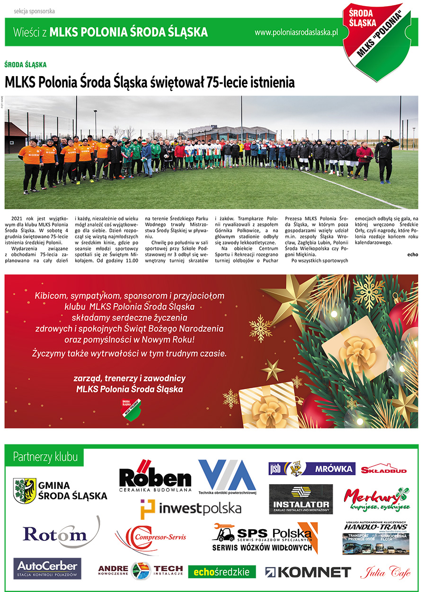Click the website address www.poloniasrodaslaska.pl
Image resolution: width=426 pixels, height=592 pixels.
click(296, 32)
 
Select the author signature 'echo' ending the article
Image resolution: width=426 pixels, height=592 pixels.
click(412, 254)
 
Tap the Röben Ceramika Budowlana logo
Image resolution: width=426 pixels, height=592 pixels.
click(155, 476)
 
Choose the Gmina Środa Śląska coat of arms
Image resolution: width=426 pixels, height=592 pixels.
click(25, 490)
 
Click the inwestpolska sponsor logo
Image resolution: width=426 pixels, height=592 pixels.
click(191, 509)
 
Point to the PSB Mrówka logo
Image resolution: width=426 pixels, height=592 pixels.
click(311, 468)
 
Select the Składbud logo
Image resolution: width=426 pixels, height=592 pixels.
click(384, 470)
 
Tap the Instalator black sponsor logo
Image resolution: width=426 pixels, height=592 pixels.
click(301, 499)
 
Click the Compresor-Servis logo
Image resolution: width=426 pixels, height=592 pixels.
click(151, 537)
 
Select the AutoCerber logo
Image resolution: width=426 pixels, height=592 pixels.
click(47, 568)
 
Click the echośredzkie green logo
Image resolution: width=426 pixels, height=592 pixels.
click(222, 572)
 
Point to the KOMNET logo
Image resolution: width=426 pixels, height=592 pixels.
click(308, 572)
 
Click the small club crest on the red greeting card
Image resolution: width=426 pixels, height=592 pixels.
click(131, 409)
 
